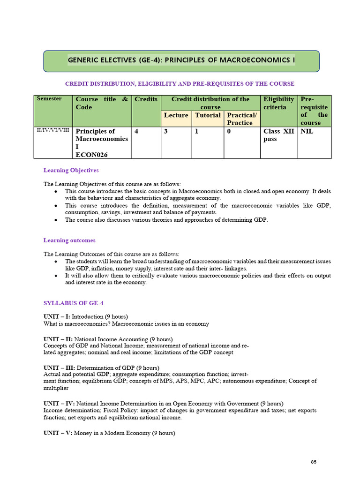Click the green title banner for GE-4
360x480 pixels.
coord(181,61)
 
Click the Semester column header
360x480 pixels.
coord(49,99)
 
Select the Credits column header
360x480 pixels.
coord(146,99)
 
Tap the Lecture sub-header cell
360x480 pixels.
coord(176,115)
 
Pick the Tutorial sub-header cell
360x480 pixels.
coord(208,115)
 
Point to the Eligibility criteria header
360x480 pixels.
coord(279,103)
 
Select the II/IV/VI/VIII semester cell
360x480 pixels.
coord(53,131)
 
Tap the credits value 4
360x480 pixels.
coord(136,132)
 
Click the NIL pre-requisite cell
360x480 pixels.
coord(307,132)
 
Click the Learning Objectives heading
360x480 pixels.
coord(71,170)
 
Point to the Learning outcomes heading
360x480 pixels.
coord(69,240)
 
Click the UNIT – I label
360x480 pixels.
coord(57,317)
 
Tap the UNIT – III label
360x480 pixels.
coord(59,367)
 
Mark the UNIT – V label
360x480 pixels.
coord(58,434)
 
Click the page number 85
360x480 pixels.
coord(314,462)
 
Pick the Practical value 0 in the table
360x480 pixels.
coord(229,132)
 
